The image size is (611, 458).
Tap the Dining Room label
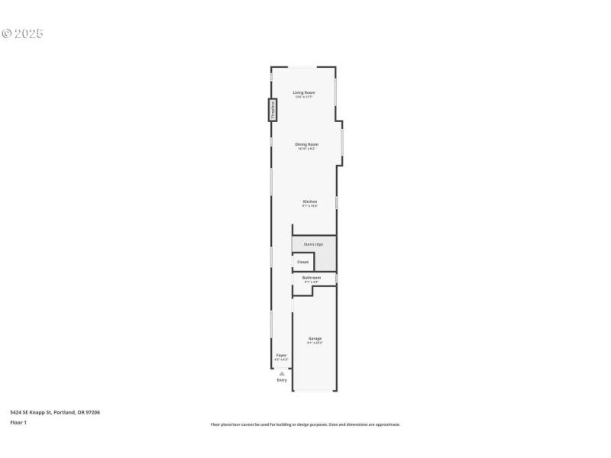pyautogui.click(x=307, y=144)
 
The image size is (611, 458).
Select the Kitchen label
pyautogui.click(x=309, y=202)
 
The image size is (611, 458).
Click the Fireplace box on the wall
pyautogui.click(x=271, y=110)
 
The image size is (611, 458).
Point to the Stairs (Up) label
pyautogui.click(x=313, y=244)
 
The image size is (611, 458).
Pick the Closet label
pyautogui.click(x=302, y=262)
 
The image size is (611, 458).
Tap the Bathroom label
pyautogui.click(x=311, y=277)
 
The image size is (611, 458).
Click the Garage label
pyautogui.click(x=315, y=338)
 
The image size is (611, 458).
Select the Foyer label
pyautogui.click(x=281, y=355)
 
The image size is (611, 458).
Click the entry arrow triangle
pyautogui.click(x=281, y=373)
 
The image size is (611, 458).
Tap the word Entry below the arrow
pyautogui.click(x=282, y=379)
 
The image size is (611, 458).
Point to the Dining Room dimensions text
pyautogui.click(x=307, y=148)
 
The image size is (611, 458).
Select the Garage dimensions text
pyautogui.click(x=315, y=343)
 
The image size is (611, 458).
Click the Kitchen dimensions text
pyautogui.click(x=309, y=206)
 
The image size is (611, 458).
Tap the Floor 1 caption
pyautogui.click(x=18, y=422)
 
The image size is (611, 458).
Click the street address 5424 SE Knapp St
pyautogui.click(x=55, y=412)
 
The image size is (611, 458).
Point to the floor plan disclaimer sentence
pyautogui.click(x=305, y=424)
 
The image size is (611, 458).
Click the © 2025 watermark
pyautogui.click(x=23, y=34)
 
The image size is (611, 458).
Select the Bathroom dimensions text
pyautogui.click(x=311, y=282)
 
